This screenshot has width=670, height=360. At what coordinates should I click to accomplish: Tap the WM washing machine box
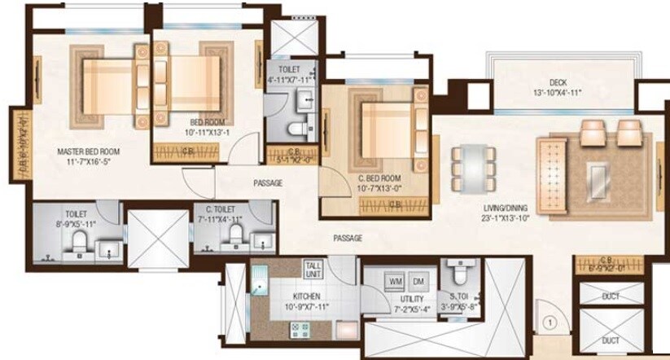pyautogui.click(x=396, y=281)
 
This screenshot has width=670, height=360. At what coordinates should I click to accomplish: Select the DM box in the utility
pyautogui.click(x=418, y=281)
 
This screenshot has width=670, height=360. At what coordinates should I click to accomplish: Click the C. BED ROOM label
pyautogui.click(x=379, y=178)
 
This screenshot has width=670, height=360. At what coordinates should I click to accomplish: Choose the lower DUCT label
pyautogui.click(x=610, y=340)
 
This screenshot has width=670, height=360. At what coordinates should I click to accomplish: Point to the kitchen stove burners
pyautogui.click(x=296, y=329)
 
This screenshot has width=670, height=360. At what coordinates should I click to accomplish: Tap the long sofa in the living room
pyautogui.click(x=552, y=175)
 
